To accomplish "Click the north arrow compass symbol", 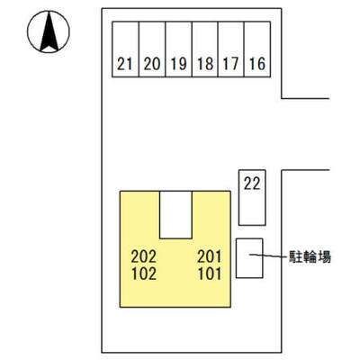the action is [49, 31].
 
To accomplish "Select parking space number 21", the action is [125, 49].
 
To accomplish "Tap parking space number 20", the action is [152, 49].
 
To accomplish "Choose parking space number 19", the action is [178, 49].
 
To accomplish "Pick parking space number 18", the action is [205, 49].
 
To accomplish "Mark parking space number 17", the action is [231, 49].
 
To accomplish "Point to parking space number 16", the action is [257, 49].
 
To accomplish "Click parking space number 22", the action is [252, 197].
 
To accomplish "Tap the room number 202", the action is [144, 256].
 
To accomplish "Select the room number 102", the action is [144, 274].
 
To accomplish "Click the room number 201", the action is [210, 256].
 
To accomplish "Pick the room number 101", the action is [210, 274].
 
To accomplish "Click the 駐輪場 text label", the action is [310, 257].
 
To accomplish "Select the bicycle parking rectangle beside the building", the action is [249, 258].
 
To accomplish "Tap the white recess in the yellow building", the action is [175, 215].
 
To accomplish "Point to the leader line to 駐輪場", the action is [267, 256].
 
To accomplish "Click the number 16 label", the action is [257, 64].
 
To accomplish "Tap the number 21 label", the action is [125, 64].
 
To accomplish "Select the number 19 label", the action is [179, 64].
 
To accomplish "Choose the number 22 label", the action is [252, 184].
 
